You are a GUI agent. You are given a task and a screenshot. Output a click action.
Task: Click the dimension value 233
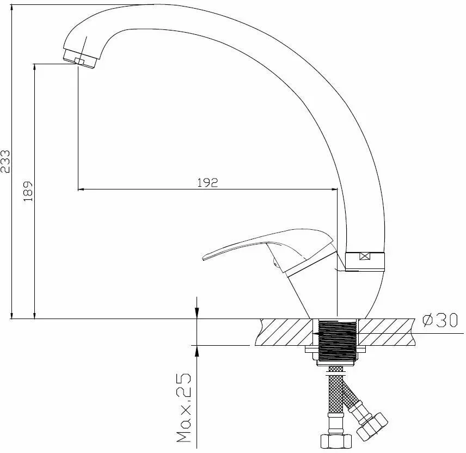click(5, 161)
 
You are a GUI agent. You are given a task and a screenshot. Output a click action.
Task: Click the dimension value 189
click(28, 191)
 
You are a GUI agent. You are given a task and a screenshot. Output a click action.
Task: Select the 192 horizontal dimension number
click(208, 182)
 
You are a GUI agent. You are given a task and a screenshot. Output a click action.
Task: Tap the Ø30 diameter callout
click(440, 320)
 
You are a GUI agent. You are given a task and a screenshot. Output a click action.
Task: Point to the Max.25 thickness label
click(184, 407)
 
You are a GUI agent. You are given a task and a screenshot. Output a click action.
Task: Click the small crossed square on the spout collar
click(364, 256)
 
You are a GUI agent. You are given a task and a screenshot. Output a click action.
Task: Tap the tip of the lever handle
click(203, 258)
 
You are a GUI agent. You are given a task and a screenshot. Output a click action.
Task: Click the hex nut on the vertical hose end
click(336, 442)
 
